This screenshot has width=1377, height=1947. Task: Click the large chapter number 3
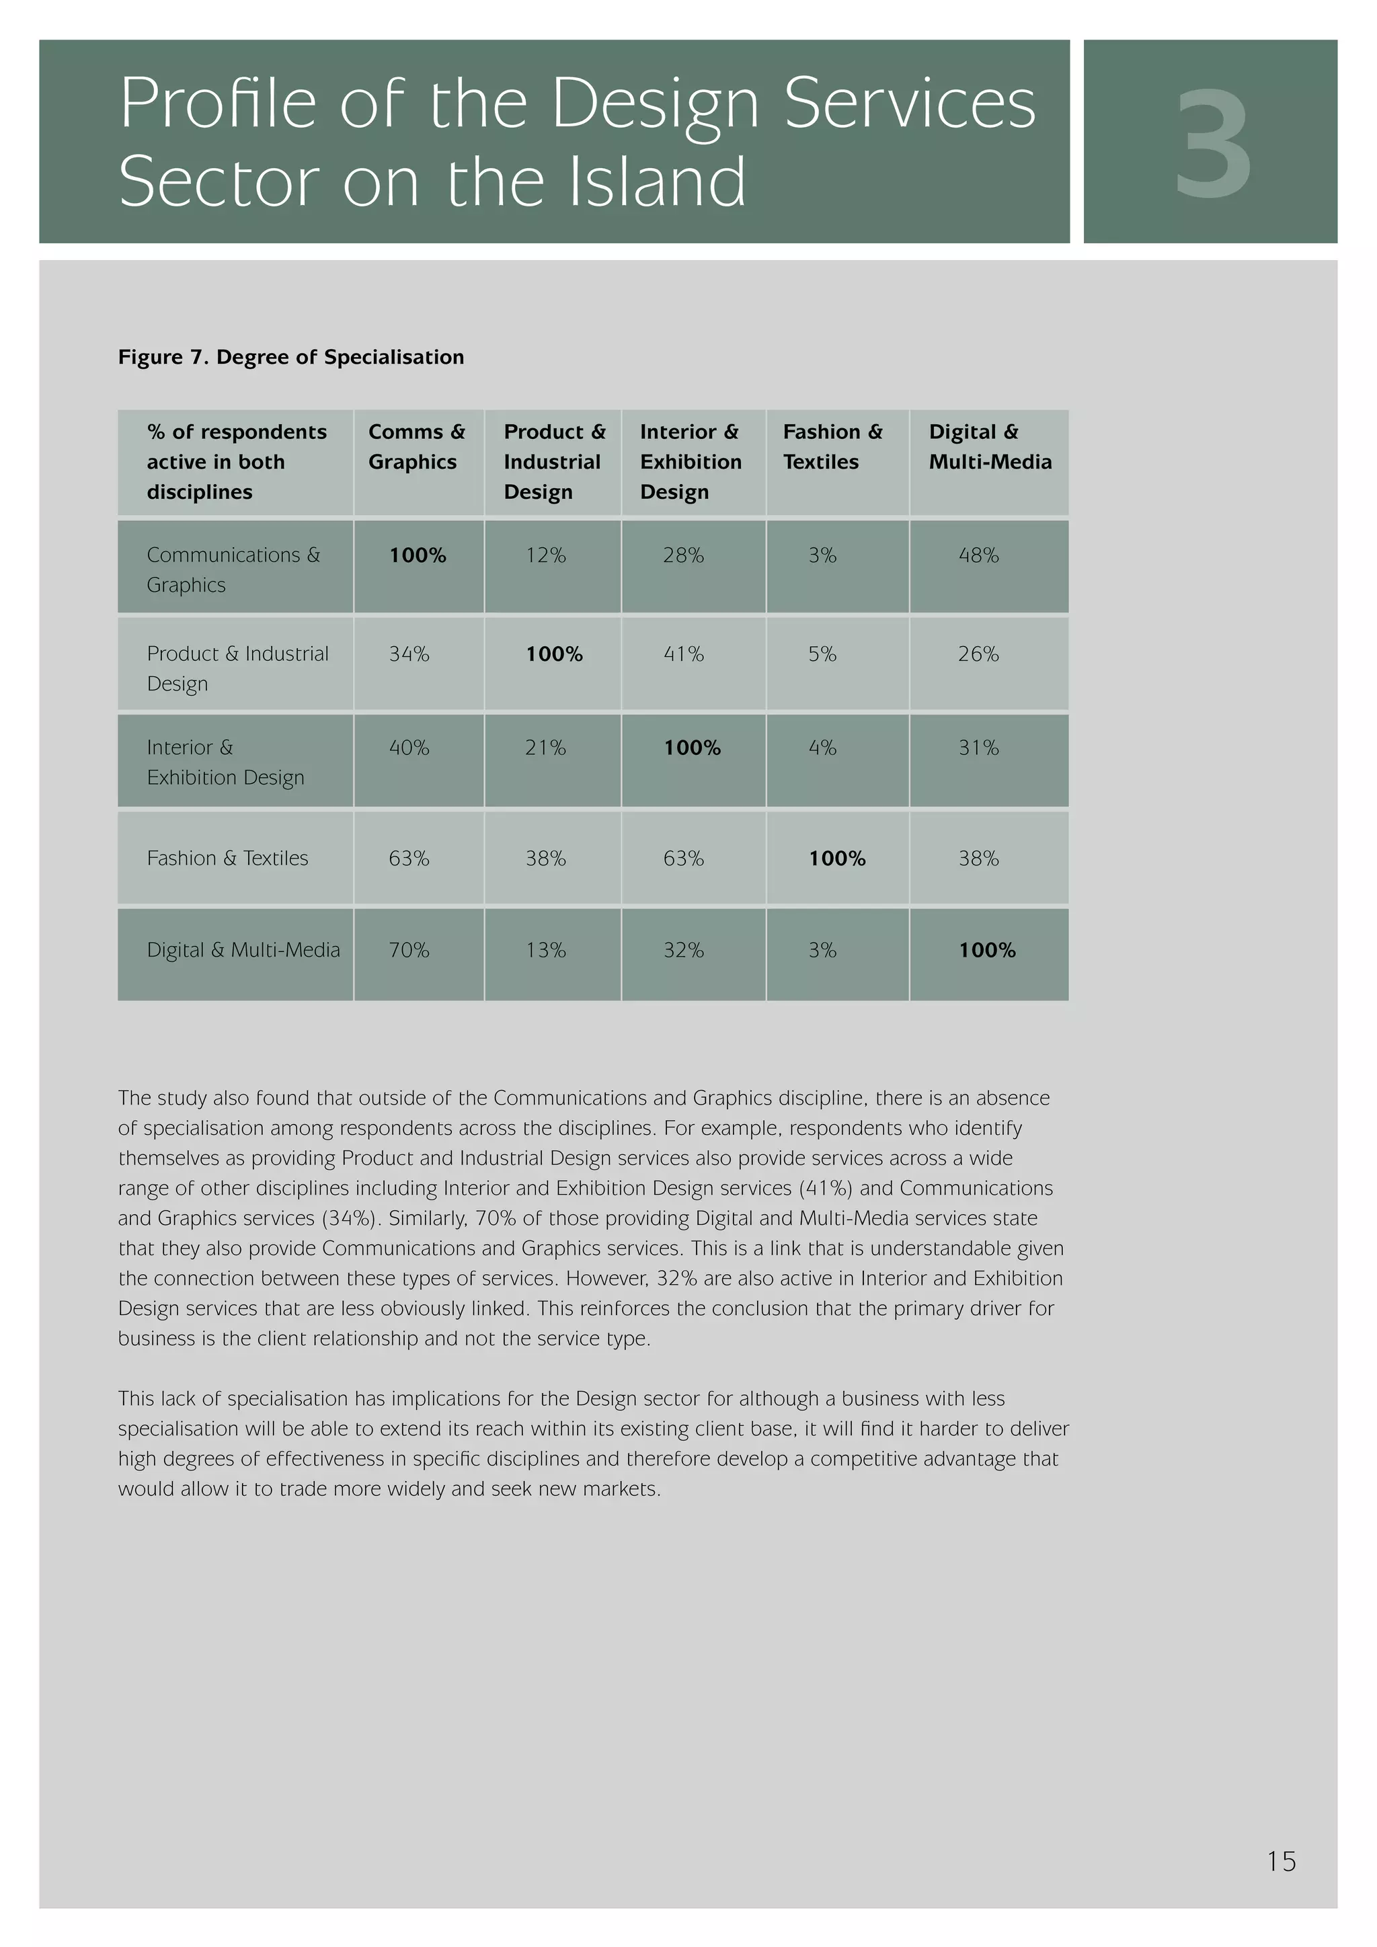coord(1212,144)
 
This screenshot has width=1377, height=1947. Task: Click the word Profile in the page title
coord(218,104)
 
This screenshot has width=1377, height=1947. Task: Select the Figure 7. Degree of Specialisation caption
coord(291,357)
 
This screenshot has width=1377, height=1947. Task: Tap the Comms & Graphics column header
coord(416,447)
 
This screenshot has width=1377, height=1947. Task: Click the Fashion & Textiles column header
coord(832,447)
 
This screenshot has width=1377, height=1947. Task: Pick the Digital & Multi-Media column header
coord(990,447)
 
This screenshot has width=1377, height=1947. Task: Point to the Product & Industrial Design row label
coord(237,668)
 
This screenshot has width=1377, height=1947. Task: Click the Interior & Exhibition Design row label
coord(225,762)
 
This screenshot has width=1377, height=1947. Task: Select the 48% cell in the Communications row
coord(978,555)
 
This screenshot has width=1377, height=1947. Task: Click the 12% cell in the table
coord(545,555)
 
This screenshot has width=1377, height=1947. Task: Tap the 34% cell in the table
coord(409,653)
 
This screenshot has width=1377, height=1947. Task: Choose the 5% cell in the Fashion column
coord(822,653)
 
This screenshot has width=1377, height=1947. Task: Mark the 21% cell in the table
coord(545,748)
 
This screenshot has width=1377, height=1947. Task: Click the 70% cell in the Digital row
coord(409,950)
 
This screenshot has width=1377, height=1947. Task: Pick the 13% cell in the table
coord(545,950)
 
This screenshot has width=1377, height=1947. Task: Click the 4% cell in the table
coord(822,748)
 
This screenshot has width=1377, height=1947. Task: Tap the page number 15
coord(1281,1862)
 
